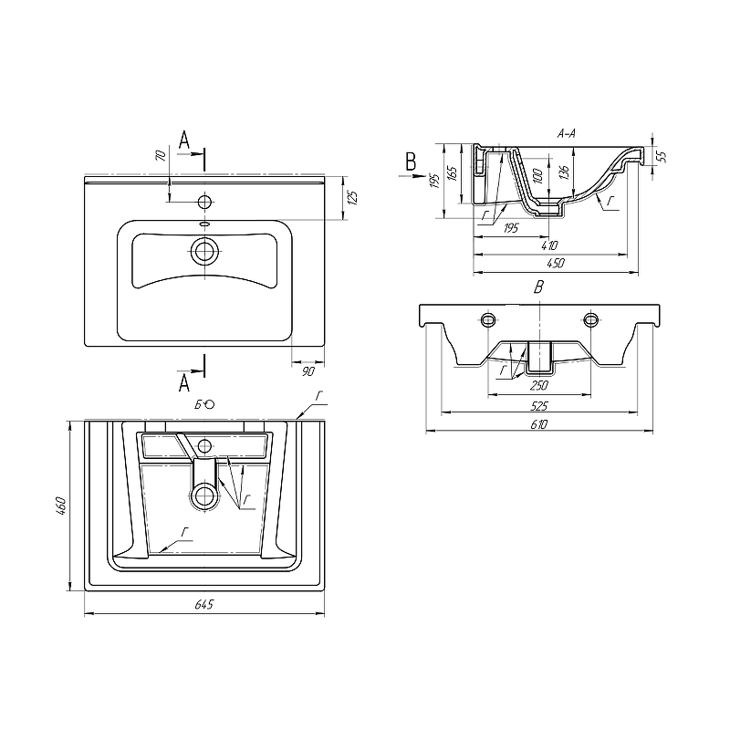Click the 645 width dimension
(x=203, y=604)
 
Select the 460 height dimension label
(x=60, y=506)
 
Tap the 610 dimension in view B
(x=538, y=424)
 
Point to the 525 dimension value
(x=538, y=406)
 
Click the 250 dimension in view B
(x=538, y=385)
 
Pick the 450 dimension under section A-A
(x=556, y=263)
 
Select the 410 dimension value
(x=549, y=245)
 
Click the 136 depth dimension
(x=564, y=172)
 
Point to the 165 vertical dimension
(x=451, y=173)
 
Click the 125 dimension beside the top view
(x=352, y=198)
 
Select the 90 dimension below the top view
(x=308, y=371)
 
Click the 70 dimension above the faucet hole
(x=161, y=155)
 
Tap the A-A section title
(x=566, y=133)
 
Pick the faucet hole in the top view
(x=204, y=202)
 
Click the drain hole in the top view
(x=204, y=252)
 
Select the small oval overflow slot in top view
(x=204, y=224)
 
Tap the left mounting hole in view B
(x=488, y=318)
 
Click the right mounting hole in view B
(x=590, y=318)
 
